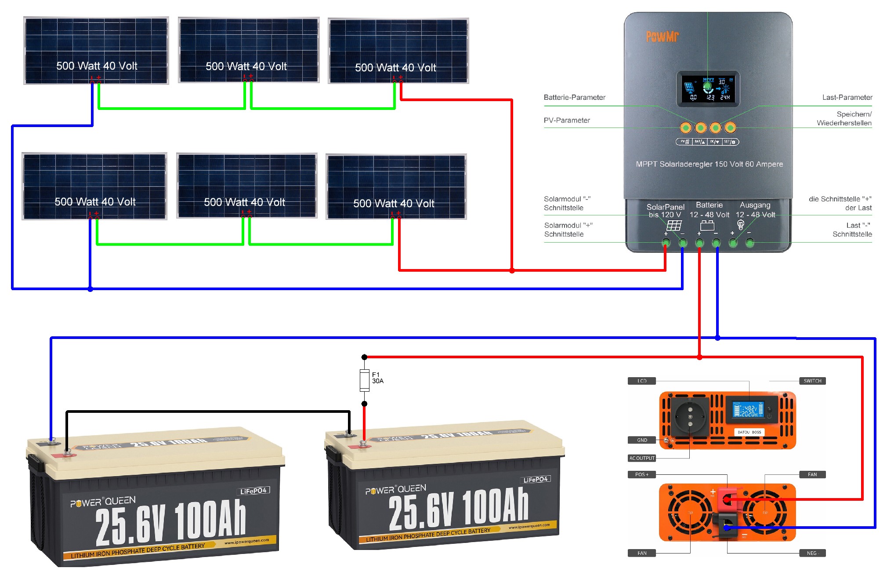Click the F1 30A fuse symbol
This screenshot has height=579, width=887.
click(x=364, y=380)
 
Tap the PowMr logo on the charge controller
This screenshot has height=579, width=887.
click(x=662, y=36)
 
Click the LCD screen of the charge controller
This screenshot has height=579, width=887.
click(x=708, y=89)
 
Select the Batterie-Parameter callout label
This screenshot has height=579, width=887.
click(x=574, y=98)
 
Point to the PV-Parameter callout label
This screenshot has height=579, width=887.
click(x=567, y=120)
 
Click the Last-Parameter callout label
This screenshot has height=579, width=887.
click(x=847, y=98)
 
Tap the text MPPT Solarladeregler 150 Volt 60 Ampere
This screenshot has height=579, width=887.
click(x=709, y=164)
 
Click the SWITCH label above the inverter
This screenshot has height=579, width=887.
click(x=812, y=381)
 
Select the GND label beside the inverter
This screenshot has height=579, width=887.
click(x=642, y=440)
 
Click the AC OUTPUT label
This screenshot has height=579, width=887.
click(x=642, y=458)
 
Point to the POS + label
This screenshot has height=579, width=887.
click(x=641, y=475)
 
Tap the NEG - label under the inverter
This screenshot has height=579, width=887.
click(x=812, y=553)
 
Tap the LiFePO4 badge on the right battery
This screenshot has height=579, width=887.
click(x=536, y=480)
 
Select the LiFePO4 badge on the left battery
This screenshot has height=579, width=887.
click(x=253, y=491)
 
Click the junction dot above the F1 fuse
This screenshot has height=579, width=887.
click(x=364, y=357)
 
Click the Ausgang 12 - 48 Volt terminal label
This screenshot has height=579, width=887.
click(x=755, y=210)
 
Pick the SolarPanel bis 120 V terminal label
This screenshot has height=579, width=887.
click(x=665, y=211)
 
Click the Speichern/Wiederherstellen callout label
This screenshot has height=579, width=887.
click(x=844, y=119)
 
